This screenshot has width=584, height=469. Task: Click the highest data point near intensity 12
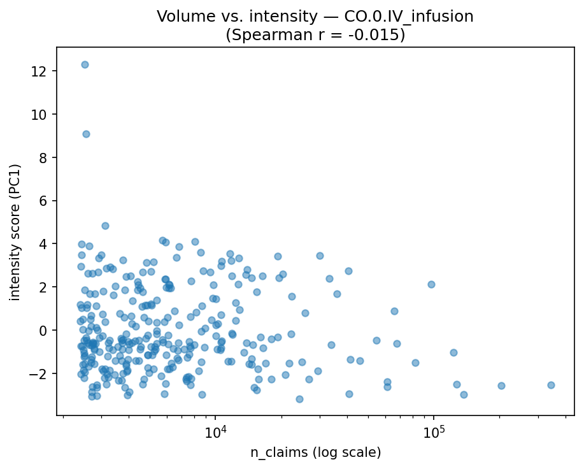(x=85, y=64)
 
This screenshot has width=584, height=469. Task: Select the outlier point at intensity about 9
(x=86, y=134)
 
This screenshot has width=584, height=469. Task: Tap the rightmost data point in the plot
(x=551, y=385)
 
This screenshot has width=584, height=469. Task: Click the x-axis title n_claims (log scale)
(x=315, y=453)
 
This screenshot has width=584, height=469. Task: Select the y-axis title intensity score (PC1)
(x=15, y=233)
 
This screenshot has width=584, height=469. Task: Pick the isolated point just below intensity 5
(x=105, y=226)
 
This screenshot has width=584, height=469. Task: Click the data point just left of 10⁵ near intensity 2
(x=431, y=284)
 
